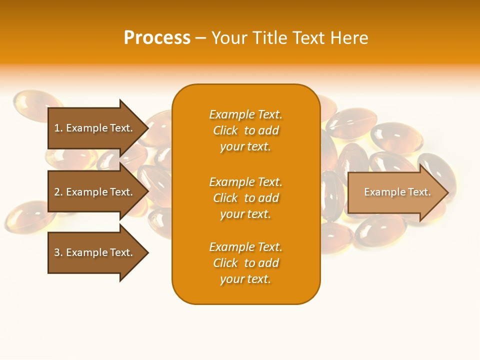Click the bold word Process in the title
[157, 38]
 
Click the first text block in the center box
[245, 130]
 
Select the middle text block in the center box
[245, 198]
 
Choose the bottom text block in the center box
[245, 263]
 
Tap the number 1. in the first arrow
[58, 128]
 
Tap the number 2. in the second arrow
[58, 192]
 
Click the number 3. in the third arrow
[58, 252]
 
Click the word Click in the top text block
[225, 130]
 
